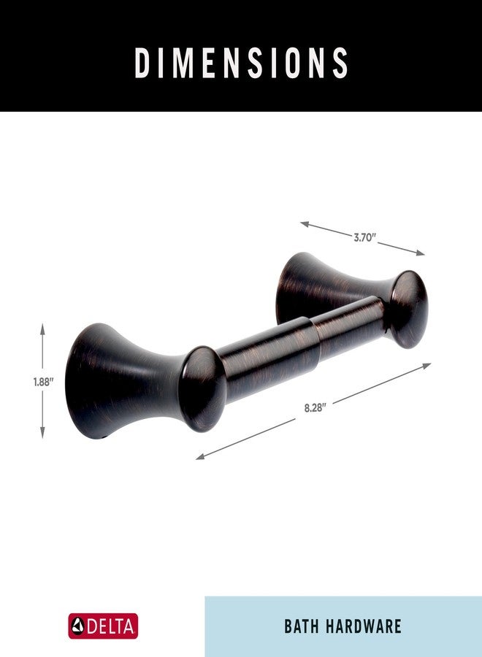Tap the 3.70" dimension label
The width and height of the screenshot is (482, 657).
coord(364,237)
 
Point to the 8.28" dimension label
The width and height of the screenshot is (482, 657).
coord(315,407)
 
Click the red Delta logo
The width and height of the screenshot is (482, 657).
coord(103,626)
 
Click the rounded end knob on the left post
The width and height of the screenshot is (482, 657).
coord(203,388)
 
